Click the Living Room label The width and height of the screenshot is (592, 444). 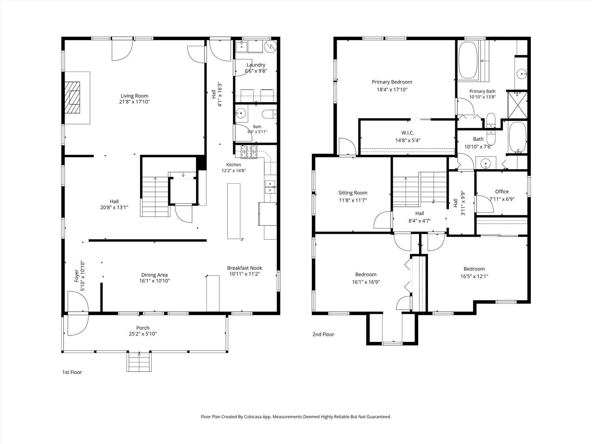134,96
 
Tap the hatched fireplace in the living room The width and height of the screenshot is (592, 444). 72,98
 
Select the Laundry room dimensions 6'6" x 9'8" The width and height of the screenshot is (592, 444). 256,71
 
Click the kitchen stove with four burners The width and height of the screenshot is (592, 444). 249,152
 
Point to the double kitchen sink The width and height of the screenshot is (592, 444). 270,187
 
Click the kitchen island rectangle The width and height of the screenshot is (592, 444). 234,211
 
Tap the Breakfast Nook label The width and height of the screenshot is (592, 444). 245,268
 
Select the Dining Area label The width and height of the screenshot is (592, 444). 154,275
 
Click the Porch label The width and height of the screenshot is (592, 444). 143,328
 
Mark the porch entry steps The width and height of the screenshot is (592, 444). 139,362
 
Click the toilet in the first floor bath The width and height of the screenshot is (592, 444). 269,114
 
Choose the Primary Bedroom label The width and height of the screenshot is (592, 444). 392,82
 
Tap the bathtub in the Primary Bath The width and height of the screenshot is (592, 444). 468,60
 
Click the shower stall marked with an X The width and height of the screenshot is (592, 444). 518,105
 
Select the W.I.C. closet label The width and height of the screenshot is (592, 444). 408,133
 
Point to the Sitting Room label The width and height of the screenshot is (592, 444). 353,193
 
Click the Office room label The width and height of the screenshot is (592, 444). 502,192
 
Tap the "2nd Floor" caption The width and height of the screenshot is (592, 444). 323,334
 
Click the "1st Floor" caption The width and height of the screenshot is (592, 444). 72,372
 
